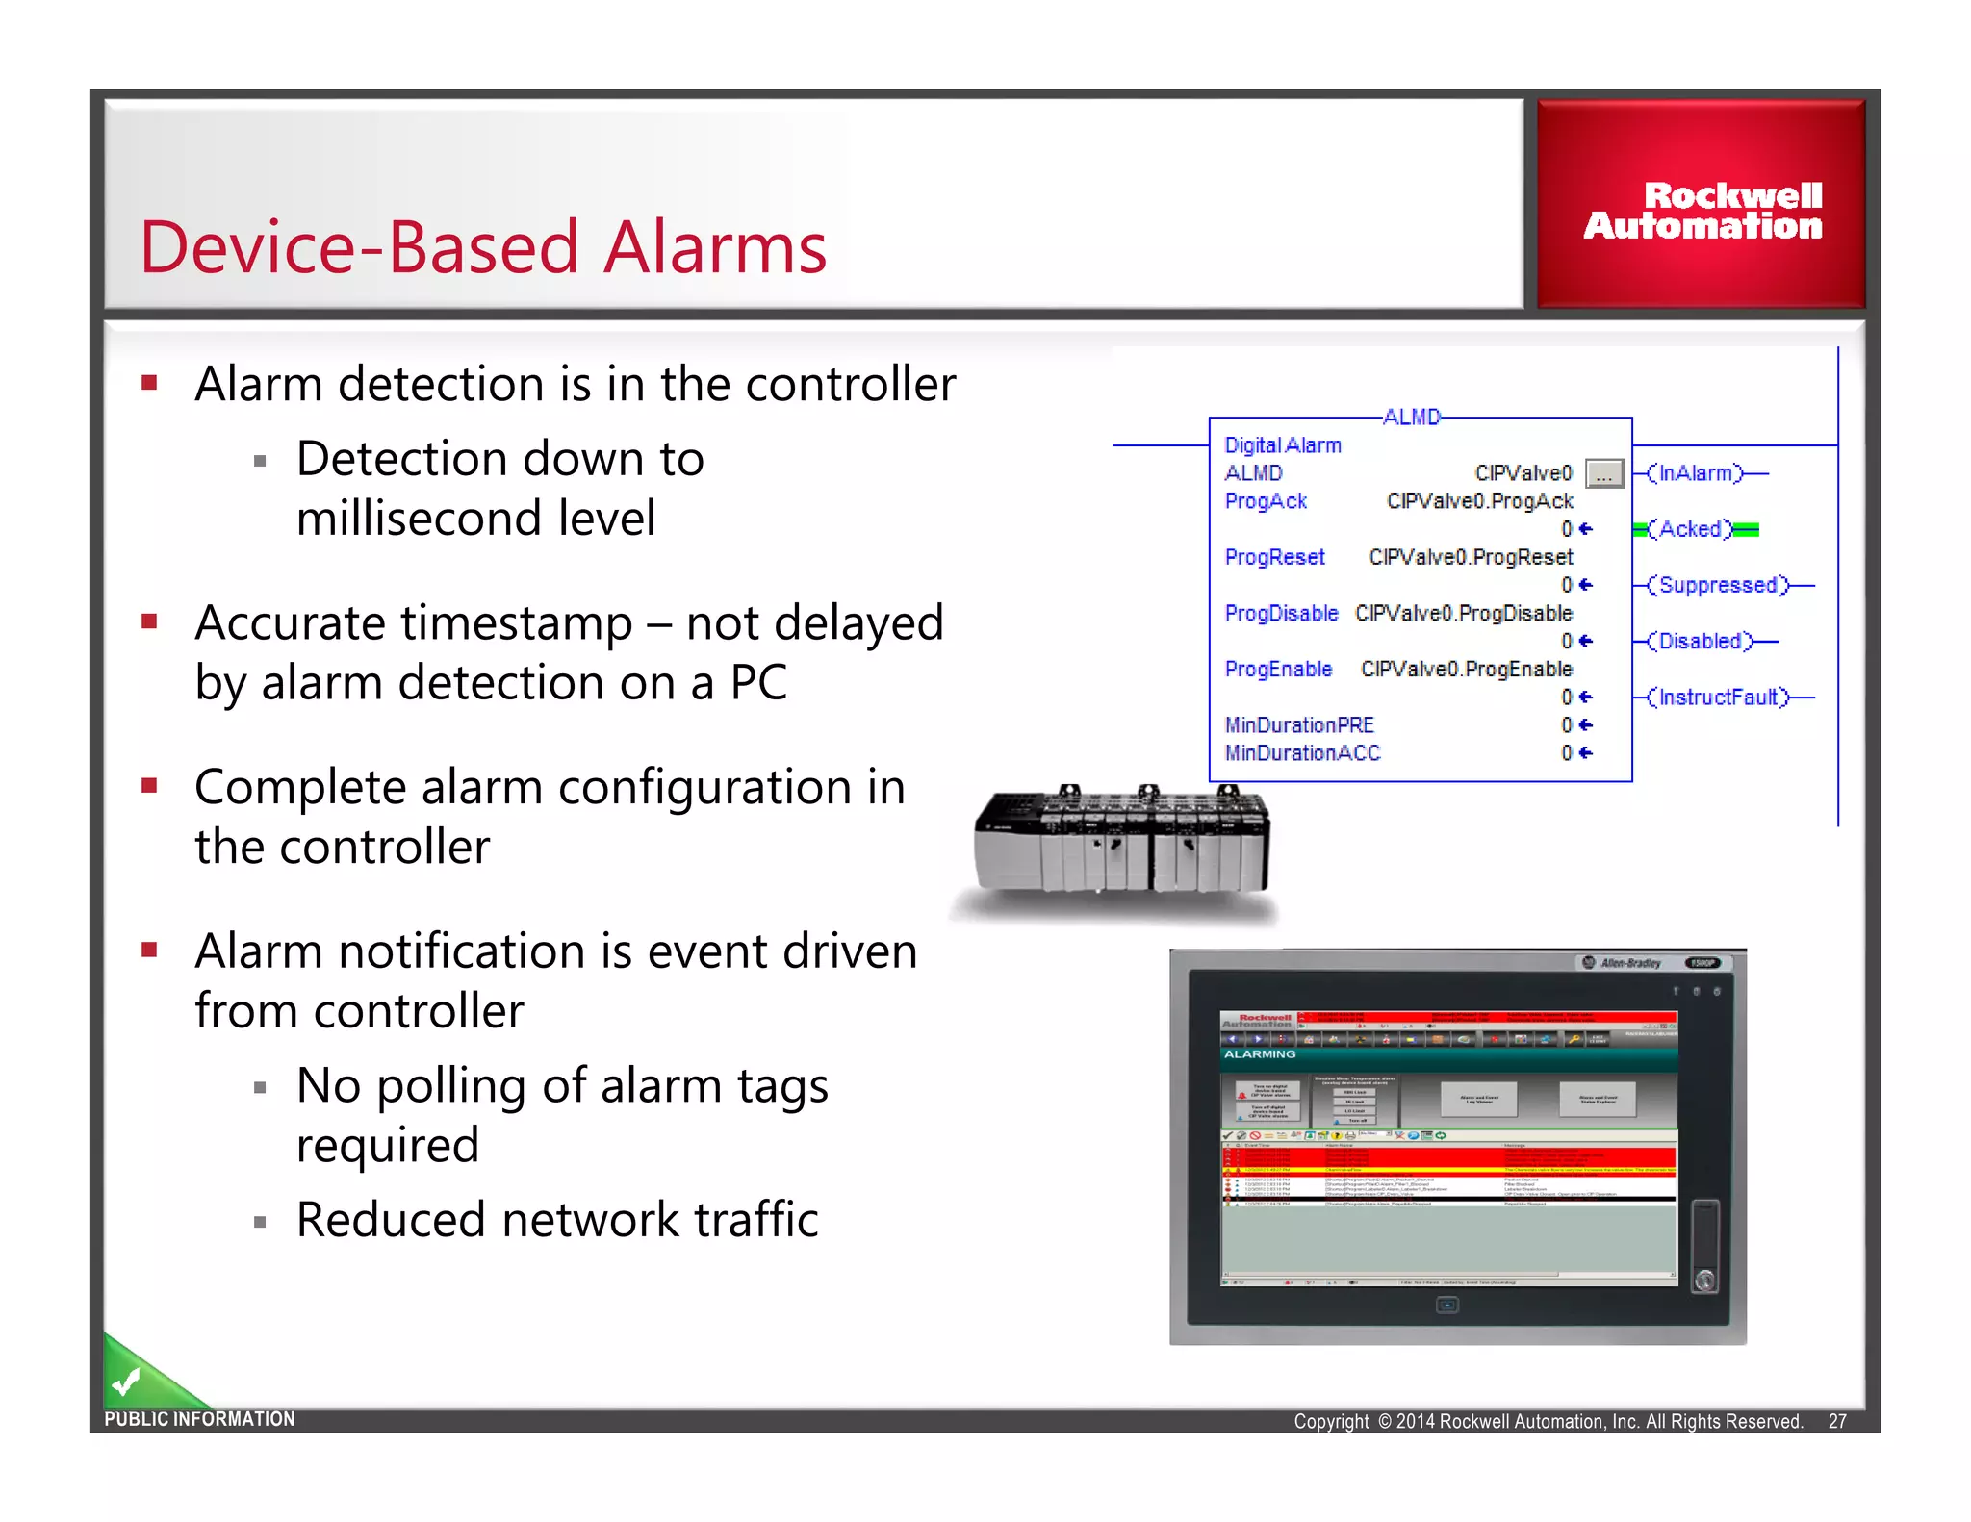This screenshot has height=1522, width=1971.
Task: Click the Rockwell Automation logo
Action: click(1702, 211)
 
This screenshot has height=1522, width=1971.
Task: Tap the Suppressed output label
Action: click(1717, 585)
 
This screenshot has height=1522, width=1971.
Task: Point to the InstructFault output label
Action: click(1717, 698)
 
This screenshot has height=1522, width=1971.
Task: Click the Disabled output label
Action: click(1701, 641)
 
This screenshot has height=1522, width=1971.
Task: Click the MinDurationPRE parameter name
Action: click(1298, 725)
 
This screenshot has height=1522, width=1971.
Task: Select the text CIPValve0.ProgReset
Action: click(1470, 557)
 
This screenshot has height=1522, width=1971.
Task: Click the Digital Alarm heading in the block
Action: click(1282, 445)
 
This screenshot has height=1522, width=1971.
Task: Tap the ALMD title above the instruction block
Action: click(1411, 418)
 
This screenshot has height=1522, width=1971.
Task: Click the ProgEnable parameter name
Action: click(1278, 670)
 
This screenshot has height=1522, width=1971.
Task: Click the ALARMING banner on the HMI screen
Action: click(1260, 1054)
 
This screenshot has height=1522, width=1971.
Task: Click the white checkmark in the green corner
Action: click(126, 1382)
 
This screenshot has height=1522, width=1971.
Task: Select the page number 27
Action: click(1836, 1421)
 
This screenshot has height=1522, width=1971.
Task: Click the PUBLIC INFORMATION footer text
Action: click(199, 1419)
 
